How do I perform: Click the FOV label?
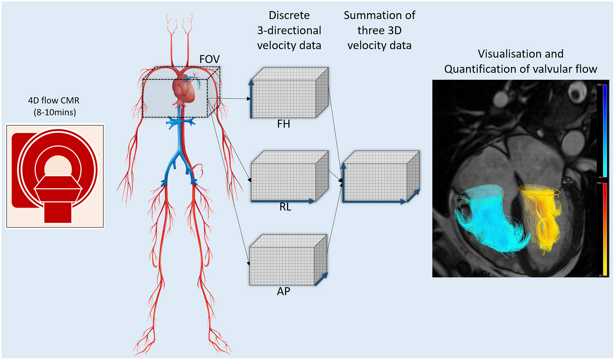pyautogui.click(x=209, y=59)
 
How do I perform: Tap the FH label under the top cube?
pyautogui.click(x=283, y=124)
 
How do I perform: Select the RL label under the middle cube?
pyautogui.click(x=285, y=207)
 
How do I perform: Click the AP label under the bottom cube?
pyautogui.click(x=283, y=291)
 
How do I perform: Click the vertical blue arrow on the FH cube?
pyautogui.click(x=251, y=99)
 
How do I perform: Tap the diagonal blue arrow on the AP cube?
pyautogui.click(x=321, y=279)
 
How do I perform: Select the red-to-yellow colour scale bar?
pyautogui.click(x=605, y=229)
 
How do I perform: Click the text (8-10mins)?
pyautogui.click(x=55, y=112)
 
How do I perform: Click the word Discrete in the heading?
pyautogui.click(x=289, y=15)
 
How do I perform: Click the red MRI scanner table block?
pyautogui.click(x=58, y=212)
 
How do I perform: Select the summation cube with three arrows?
pyautogui.click(x=380, y=177)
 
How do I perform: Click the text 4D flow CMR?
pyautogui.click(x=54, y=101)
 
